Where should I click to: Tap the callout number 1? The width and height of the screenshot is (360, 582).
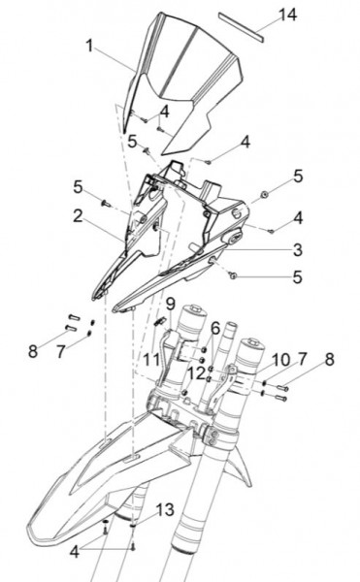tap(89, 46)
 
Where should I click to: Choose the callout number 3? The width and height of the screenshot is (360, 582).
tap(298, 249)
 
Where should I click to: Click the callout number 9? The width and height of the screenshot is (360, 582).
tap(169, 305)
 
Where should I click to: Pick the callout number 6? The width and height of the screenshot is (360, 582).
tap(214, 329)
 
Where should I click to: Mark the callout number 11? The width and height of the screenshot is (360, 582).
tap(151, 360)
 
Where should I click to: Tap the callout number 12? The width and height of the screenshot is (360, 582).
tap(197, 372)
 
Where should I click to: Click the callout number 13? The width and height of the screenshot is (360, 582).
tap(165, 509)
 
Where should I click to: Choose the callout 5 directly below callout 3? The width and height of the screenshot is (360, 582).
tap(298, 276)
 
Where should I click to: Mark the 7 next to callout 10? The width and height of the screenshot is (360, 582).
tap(302, 360)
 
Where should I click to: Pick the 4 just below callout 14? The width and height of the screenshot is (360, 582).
tap(245, 142)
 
